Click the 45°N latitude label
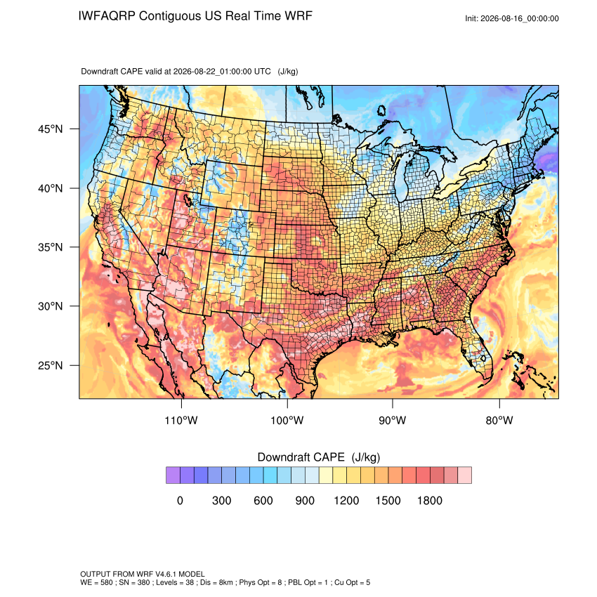tap(51, 129)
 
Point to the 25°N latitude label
tap(51, 365)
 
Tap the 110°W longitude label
tap(181, 420)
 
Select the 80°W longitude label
tap(499, 420)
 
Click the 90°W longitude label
tap(393, 420)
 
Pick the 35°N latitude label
tap(51, 247)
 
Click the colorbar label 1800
tap(430, 500)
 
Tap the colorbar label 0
tap(180, 500)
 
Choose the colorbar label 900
tap(305, 500)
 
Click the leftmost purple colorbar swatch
tap(173, 475)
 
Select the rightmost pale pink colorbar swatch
tap(465, 475)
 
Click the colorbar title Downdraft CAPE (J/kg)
tap(319, 457)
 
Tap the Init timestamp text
tap(512, 18)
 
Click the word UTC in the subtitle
tap(263, 71)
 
